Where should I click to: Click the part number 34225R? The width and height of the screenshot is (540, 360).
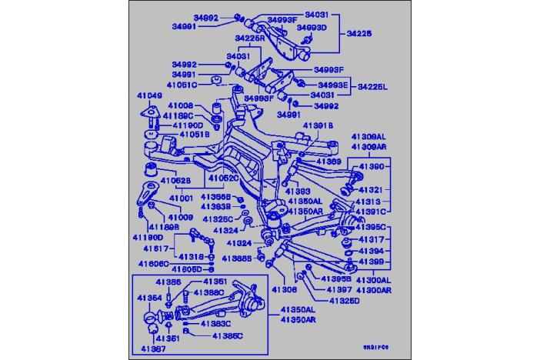tap(250, 37)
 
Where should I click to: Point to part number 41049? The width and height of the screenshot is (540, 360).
tap(149, 96)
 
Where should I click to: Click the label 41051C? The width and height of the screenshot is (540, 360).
tap(183, 85)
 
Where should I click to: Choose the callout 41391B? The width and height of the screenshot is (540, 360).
tap(317, 125)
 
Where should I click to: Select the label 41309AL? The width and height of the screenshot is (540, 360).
tap(368, 136)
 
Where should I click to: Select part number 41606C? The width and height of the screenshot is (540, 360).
tap(154, 263)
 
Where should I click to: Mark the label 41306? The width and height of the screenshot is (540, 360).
tap(283, 290)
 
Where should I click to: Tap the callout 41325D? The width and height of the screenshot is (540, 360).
tap(343, 300)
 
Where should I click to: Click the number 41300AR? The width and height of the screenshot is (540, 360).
tap(374, 291)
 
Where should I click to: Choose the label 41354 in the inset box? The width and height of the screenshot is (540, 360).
tap(149, 297)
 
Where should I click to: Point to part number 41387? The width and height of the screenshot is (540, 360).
tap(152, 348)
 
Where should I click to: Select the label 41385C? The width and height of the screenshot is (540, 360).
tap(227, 335)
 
